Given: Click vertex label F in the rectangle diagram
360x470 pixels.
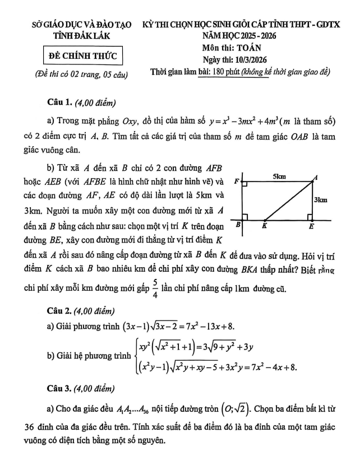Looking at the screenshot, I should coord(236,180).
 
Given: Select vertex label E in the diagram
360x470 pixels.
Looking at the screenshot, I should coord(312,227).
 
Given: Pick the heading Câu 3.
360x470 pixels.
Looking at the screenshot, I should coord(61,401).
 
